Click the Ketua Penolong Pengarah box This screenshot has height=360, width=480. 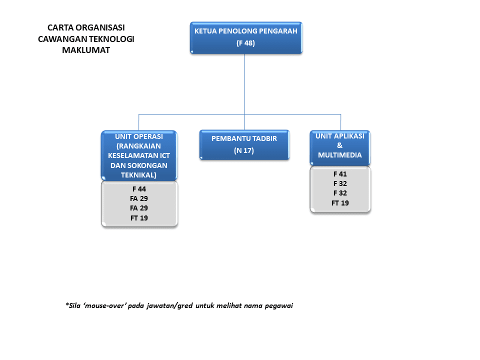pos(246,37)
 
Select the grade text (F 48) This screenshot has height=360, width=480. pos(245,43)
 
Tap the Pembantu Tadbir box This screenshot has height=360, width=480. pos(244,145)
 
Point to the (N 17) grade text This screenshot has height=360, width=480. pos(244,150)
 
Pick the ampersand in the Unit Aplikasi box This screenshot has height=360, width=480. pos(340,145)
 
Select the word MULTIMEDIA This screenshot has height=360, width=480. pos(340,155)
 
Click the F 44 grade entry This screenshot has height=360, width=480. pos(139,189)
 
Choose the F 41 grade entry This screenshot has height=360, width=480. pos(340,174)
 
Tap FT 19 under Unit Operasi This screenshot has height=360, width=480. pos(139,218)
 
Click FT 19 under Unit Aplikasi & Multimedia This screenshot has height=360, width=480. pos(340,203)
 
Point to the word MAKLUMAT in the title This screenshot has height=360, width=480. pos(86,50)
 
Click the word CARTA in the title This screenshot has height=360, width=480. pos(60,27)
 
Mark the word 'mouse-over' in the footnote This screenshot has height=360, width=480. pos(104,305)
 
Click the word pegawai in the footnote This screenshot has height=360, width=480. pos(279,306)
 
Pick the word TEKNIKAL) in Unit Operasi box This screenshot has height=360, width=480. pos(138,175)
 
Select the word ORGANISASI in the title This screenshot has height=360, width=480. pos(100,27)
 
